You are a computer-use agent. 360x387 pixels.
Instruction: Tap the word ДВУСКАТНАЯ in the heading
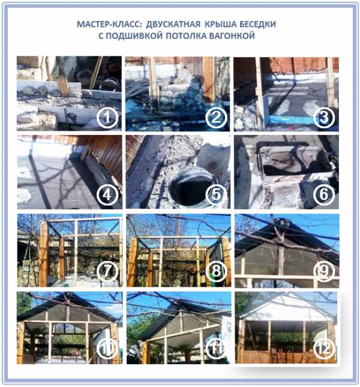[x=173, y=25]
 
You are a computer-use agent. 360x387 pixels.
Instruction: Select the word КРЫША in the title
[x=221, y=25]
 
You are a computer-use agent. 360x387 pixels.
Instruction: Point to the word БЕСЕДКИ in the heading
[x=258, y=25]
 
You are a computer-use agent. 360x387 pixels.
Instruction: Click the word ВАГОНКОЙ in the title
[x=232, y=36]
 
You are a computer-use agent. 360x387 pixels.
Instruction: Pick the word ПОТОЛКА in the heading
[x=186, y=36]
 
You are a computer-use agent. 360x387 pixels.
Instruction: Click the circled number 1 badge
[x=107, y=118]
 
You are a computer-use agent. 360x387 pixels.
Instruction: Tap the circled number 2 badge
[x=216, y=118]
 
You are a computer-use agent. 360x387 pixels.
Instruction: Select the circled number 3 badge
[x=324, y=118]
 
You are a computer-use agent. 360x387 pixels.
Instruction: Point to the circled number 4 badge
[x=107, y=195]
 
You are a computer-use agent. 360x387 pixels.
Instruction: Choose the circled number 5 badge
[x=216, y=195]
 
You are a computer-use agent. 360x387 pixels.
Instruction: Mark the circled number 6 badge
[x=324, y=195]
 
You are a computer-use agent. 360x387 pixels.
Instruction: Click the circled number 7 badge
[x=107, y=271]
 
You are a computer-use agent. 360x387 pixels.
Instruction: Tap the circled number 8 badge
[x=216, y=271]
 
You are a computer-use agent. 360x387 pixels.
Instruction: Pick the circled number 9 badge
[x=324, y=271]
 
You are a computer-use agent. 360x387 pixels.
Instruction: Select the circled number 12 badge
[x=324, y=348]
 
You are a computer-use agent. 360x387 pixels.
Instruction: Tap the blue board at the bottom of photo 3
[x=291, y=120]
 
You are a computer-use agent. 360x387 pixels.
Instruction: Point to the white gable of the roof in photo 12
[x=286, y=308]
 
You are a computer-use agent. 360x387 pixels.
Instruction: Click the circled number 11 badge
[x=216, y=348]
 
